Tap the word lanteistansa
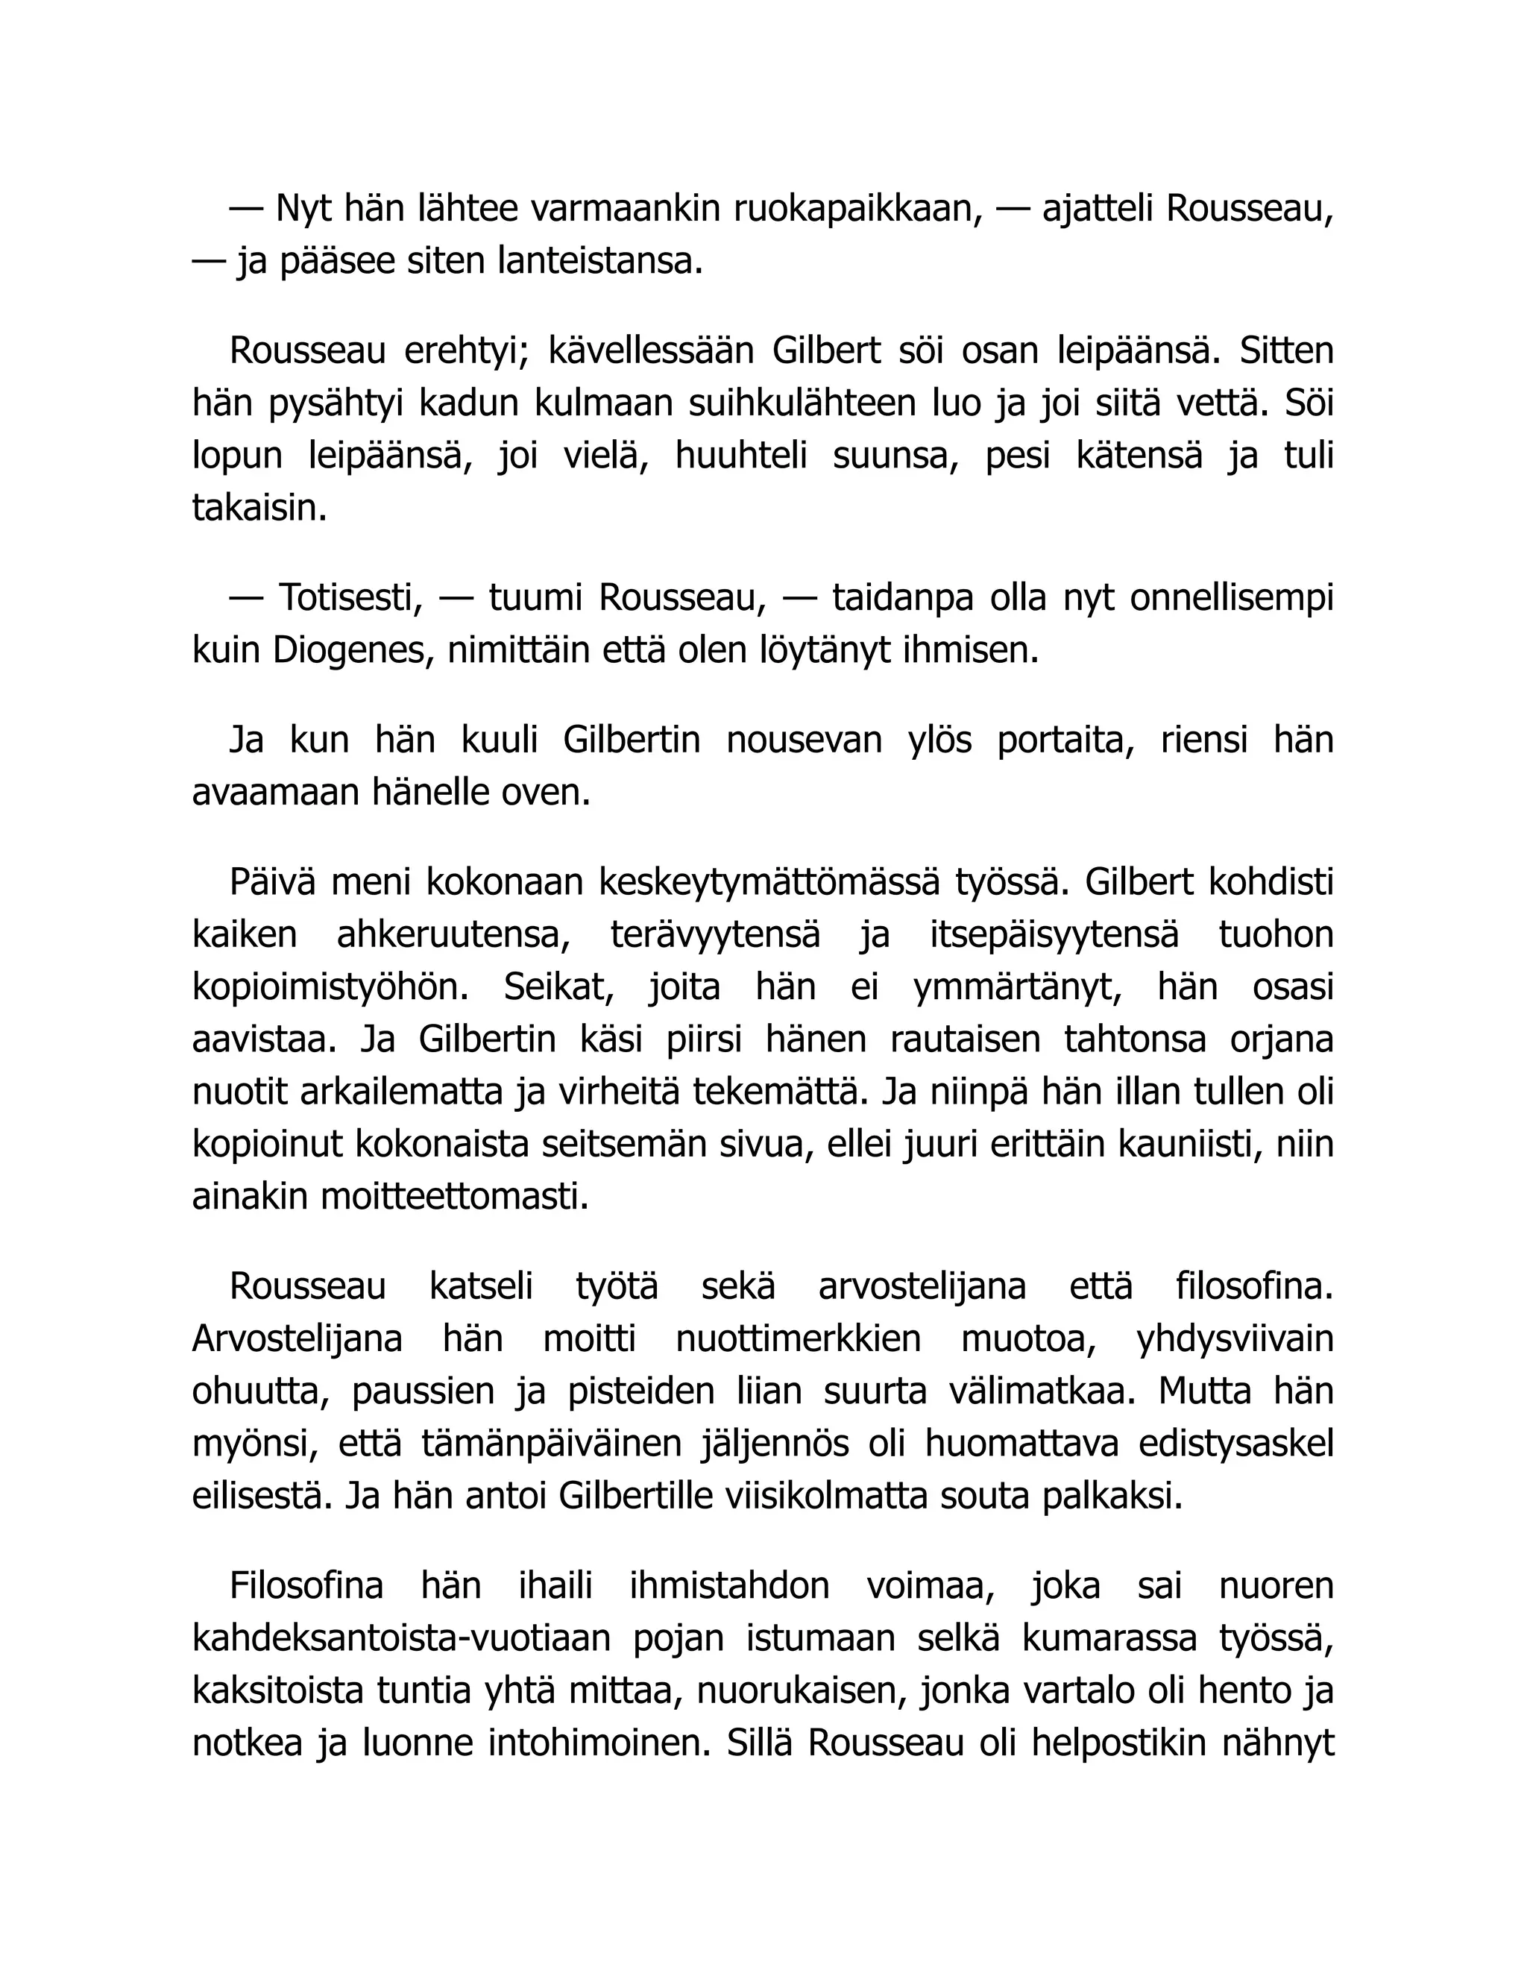[x=599, y=262]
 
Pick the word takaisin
[x=259, y=509]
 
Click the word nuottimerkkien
[x=798, y=1339]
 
